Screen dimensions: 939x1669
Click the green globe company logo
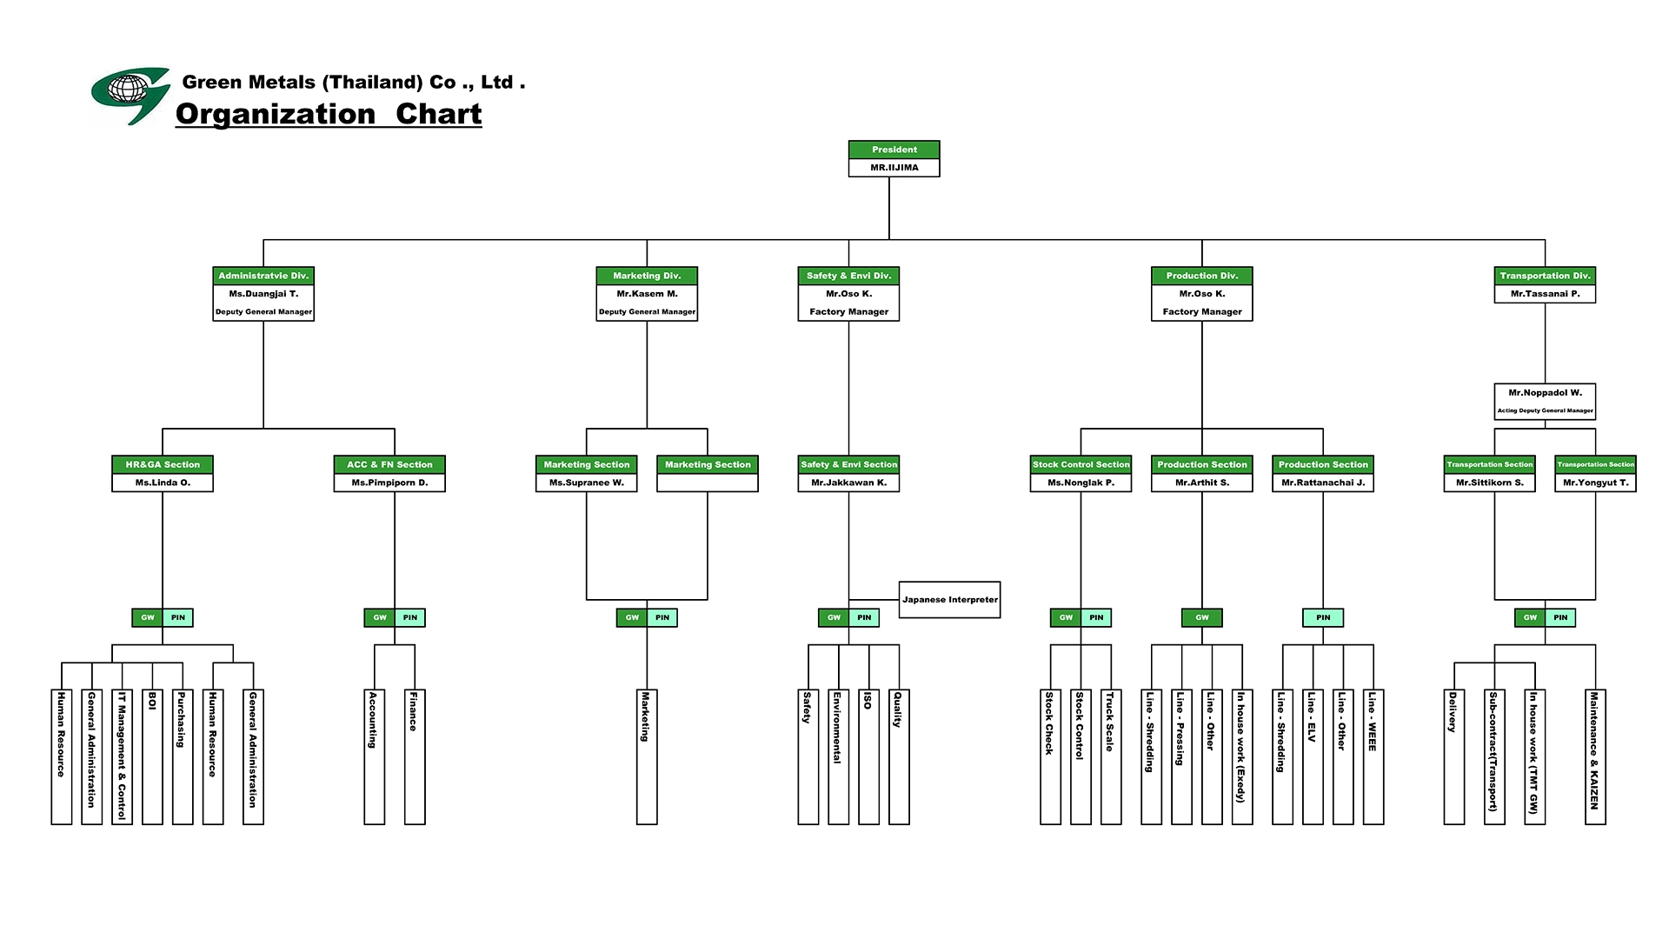coord(130,95)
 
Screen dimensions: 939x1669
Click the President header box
coord(894,150)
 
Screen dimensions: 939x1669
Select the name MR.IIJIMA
coord(894,168)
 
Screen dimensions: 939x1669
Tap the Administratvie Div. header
coord(263,276)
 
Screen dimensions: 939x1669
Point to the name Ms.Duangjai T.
coord(263,294)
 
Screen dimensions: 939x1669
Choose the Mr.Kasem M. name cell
coord(647,294)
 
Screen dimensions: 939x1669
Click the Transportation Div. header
coord(1545,276)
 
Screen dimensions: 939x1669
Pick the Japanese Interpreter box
coord(949,600)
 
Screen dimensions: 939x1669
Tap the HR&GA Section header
coord(163,464)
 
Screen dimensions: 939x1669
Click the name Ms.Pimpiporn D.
coord(389,483)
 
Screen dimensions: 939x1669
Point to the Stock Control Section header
coord(1081,464)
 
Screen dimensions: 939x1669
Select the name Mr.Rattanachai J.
coord(1323,483)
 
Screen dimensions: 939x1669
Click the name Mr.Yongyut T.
coord(1595,483)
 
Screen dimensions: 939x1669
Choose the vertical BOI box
coord(152,756)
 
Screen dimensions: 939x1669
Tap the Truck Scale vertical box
coord(1110,756)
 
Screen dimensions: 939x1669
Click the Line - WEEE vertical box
coord(1373,756)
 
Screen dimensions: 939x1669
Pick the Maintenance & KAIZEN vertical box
coord(1594,756)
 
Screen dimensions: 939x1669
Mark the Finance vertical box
coord(414,756)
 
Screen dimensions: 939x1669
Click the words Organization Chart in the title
coord(329,114)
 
